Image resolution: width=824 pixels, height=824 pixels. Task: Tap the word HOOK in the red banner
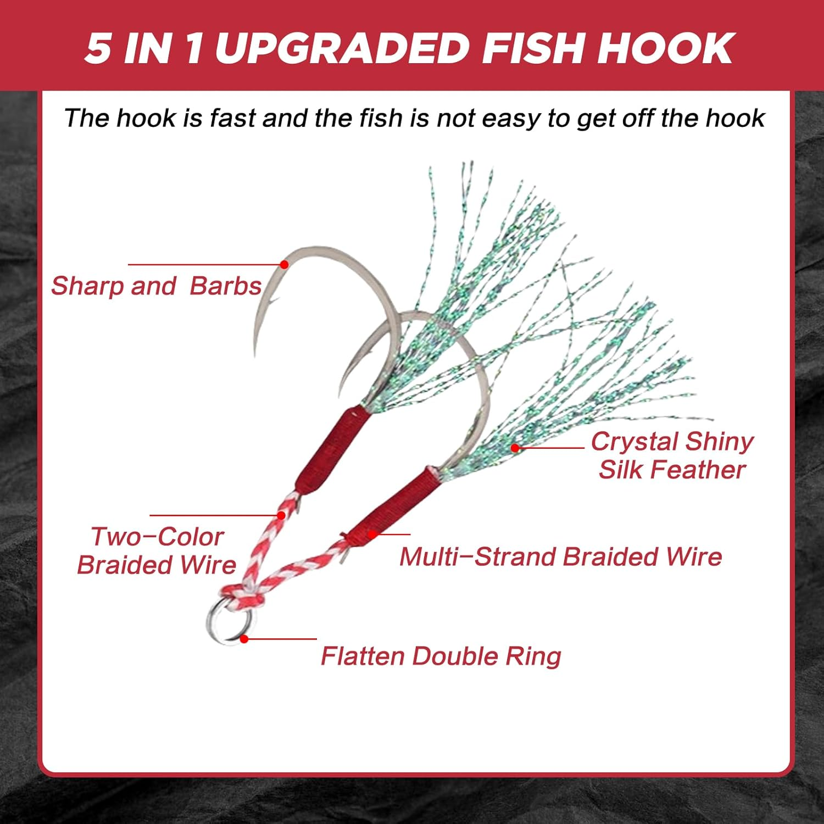tap(665, 48)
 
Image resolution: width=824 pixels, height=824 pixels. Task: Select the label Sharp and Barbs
tap(156, 286)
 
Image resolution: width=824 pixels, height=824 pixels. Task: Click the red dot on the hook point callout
tap(284, 265)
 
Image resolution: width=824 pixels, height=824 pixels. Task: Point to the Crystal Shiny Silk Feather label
tap(672, 455)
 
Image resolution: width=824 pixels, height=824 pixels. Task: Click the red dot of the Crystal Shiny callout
tap(515, 448)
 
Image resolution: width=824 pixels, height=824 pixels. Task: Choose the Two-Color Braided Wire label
tap(157, 550)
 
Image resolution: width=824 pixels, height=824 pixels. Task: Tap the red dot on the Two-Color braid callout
tap(281, 515)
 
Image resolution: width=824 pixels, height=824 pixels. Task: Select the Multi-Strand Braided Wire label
tap(560, 556)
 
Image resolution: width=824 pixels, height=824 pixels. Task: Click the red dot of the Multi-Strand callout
tap(372, 534)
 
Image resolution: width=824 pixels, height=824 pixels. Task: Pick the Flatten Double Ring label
tap(441, 656)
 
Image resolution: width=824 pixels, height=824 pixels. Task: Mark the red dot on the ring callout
tap(244, 639)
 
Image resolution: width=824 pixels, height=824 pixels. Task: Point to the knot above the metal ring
tap(242, 594)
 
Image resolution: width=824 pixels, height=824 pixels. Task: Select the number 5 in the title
tap(98, 48)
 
